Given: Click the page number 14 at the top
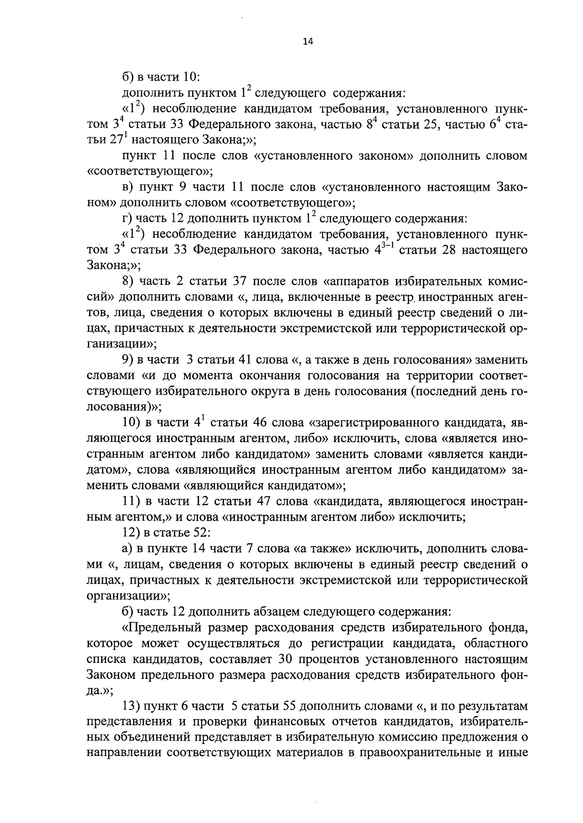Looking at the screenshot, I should click(308, 42).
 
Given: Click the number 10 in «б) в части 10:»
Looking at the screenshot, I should click(188, 77).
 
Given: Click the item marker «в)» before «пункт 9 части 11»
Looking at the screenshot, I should click(128, 187).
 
